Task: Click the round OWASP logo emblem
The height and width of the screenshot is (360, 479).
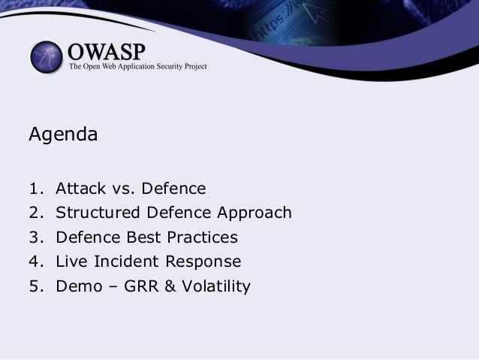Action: [47, 57]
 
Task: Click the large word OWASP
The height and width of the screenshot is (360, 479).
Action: [107, 52]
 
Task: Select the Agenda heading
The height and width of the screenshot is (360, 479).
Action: [63, 134]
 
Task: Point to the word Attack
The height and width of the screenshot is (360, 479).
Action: [81, 188]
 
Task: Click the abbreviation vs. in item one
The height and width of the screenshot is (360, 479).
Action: [123, 189]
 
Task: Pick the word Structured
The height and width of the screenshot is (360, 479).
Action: [98, 212]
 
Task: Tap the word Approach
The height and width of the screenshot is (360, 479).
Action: [255, 213]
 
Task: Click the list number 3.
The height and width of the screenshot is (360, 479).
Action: [36, 237]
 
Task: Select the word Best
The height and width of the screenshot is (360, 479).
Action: [143, 237]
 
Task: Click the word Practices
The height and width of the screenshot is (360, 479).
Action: [202, 237]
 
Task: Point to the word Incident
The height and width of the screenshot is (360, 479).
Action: [126, 262]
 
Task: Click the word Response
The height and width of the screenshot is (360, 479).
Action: [203, 263]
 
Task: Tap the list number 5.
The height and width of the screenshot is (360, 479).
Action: [36, 286]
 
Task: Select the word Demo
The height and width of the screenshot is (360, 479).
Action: [79, 286]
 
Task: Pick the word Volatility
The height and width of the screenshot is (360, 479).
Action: [216, 287]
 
